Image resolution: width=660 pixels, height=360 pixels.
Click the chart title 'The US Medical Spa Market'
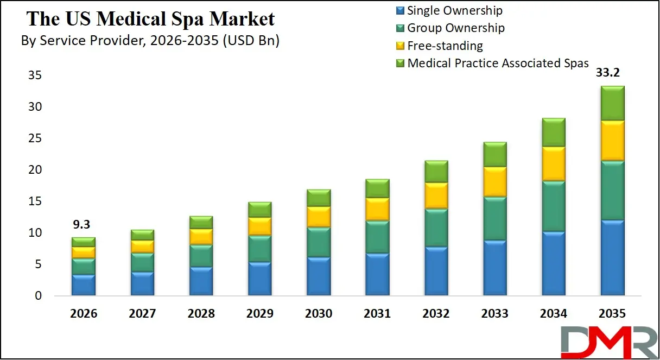[x=151, y=19]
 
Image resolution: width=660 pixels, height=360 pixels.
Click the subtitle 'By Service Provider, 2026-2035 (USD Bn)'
[x=150, y=41]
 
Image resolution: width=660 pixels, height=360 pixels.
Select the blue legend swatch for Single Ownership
[x=400, y=10]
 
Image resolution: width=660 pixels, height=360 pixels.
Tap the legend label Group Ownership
[x=455, y=28]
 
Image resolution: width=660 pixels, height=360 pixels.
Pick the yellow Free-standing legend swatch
[x=400, y=46]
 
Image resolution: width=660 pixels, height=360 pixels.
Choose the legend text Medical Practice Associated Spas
[x=498, y=63]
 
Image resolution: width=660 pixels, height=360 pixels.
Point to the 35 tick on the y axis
[x=34, y=75]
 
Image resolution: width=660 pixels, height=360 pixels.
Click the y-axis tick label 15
[x=34, y=201]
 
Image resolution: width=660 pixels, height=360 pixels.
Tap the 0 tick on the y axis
[x=37, y=296]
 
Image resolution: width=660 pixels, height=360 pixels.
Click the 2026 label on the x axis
[x=84, y=314]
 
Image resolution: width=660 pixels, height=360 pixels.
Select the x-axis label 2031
[x=377, y=314]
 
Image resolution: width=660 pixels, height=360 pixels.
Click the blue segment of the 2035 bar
[x=612, y=258]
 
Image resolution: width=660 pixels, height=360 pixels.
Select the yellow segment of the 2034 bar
[x=554, y=163]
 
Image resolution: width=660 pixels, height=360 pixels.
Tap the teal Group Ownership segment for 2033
[x=494, y=218]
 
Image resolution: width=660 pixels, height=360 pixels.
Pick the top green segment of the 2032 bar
[x=436, y=172]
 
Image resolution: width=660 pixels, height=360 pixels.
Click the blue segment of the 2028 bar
[x=201, y=281]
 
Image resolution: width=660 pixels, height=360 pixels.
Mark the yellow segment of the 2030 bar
[x=319, y=217]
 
